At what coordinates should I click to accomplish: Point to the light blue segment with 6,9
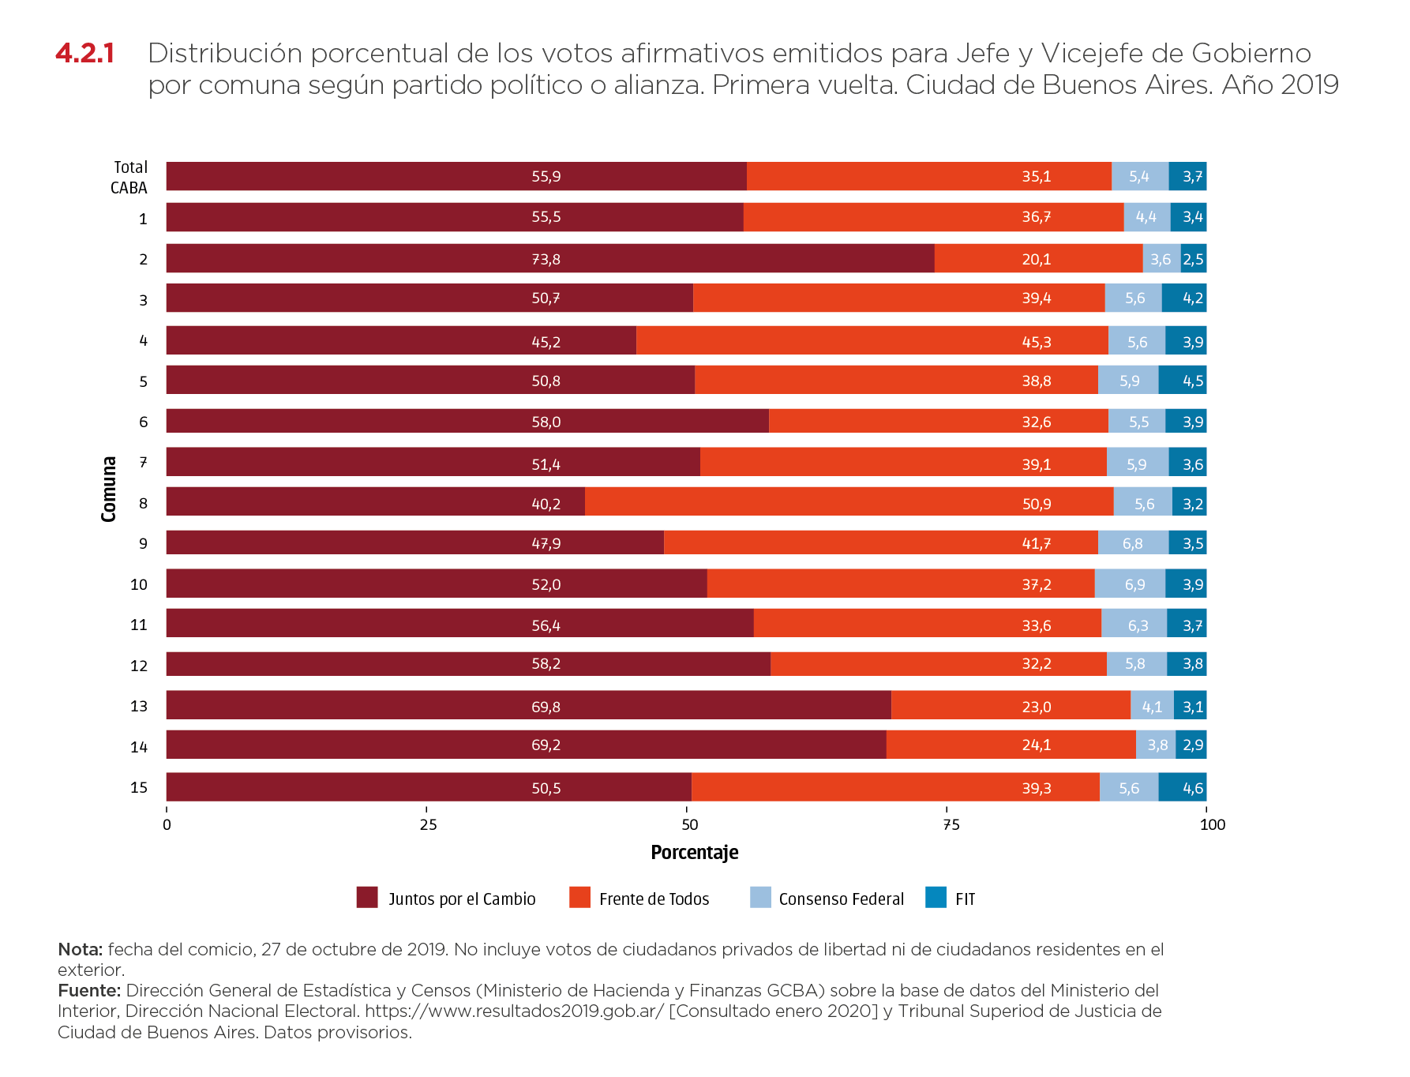point(1130,584)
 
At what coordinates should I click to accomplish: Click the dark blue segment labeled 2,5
point(1194,259)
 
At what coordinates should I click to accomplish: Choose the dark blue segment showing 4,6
point(1183,787)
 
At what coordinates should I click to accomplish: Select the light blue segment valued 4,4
point(1146,217)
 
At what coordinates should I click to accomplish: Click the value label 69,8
point(546,707)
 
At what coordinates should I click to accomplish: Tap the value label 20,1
point(1036,259)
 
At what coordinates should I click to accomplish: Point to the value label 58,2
point(546,664)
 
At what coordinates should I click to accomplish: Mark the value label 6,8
point(1132,543)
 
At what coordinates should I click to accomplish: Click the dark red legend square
point(367,897)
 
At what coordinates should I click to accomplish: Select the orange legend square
point(579,897)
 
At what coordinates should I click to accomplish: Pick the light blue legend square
point(760,897)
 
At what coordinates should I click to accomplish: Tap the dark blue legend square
point(936,897)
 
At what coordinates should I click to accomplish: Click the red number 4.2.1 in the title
point(85,54)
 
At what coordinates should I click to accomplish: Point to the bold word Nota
point(80,949)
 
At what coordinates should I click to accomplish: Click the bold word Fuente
point(88,990)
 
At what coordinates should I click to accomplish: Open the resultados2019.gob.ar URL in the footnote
point(514,1011)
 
